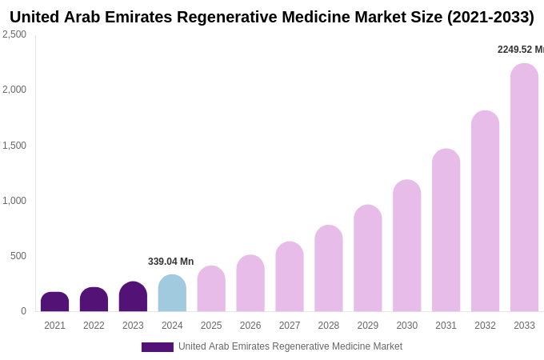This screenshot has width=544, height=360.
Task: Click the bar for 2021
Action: [54, 302]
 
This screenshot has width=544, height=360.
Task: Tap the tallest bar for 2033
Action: [524, 187]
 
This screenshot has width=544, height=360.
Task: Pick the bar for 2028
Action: [328, 268]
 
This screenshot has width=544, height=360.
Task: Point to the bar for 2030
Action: [406, 246]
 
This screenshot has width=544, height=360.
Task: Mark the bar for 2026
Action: [250, 283]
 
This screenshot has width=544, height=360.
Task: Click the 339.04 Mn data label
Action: [170, 262]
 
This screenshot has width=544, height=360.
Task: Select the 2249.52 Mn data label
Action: [520, 50]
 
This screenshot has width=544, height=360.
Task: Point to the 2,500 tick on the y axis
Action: [14, 34]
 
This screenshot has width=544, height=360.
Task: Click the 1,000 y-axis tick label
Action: [14, 201]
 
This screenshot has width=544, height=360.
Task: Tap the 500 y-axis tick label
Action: [18, 256]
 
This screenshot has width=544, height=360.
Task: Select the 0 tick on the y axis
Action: [23, 311]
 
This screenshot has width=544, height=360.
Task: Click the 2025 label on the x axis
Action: [211, 326]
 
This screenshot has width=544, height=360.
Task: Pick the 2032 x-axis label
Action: [485, 326]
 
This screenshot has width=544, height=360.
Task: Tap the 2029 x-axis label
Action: [367, 326]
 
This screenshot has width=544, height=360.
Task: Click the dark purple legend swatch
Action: [157, 347]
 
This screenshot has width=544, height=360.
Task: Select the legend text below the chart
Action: [290, 346]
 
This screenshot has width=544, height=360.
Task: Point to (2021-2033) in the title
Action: [490, 17]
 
